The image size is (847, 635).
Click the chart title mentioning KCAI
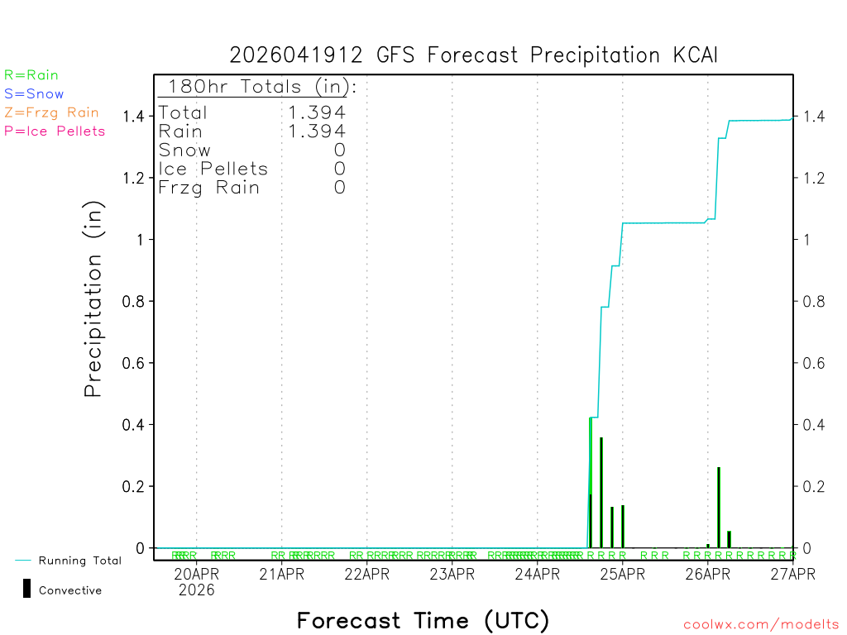point(473,55)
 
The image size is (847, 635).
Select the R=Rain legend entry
point(31,75)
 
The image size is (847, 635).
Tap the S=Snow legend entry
point(34,94)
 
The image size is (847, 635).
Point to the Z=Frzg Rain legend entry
point(51,112)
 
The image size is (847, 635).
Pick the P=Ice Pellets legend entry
point(55,131)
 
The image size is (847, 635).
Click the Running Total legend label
point(79,561)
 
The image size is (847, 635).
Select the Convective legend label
point(70,590)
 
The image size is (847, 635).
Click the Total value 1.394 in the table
point(317,112)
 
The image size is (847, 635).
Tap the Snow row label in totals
point(184,150)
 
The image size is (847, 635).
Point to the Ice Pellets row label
point(213,169)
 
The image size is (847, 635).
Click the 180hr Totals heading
point(257,87)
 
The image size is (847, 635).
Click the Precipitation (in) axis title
point(93,298)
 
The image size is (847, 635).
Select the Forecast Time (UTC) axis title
point(423,620)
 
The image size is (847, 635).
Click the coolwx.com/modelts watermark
point(761,625)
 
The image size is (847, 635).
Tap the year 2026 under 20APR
point(196,590)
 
